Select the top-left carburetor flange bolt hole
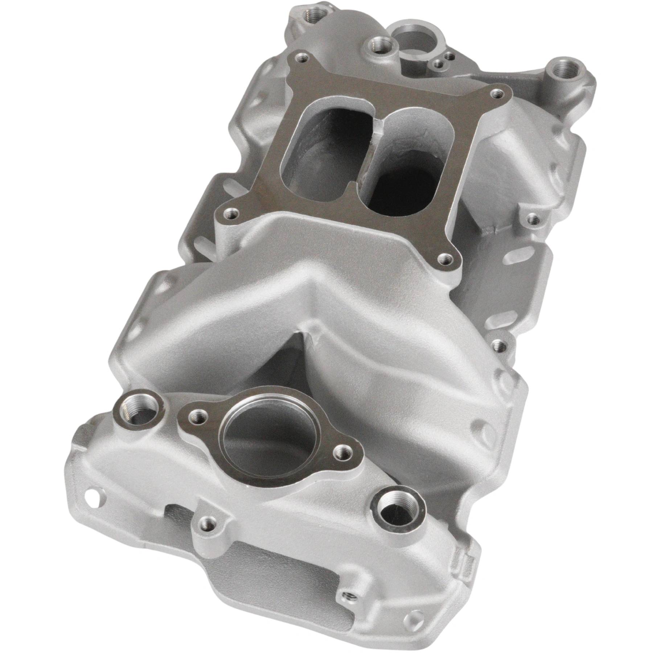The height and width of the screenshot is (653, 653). tap(302, 57)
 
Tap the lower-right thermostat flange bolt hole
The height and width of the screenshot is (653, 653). tap(341, 452)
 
